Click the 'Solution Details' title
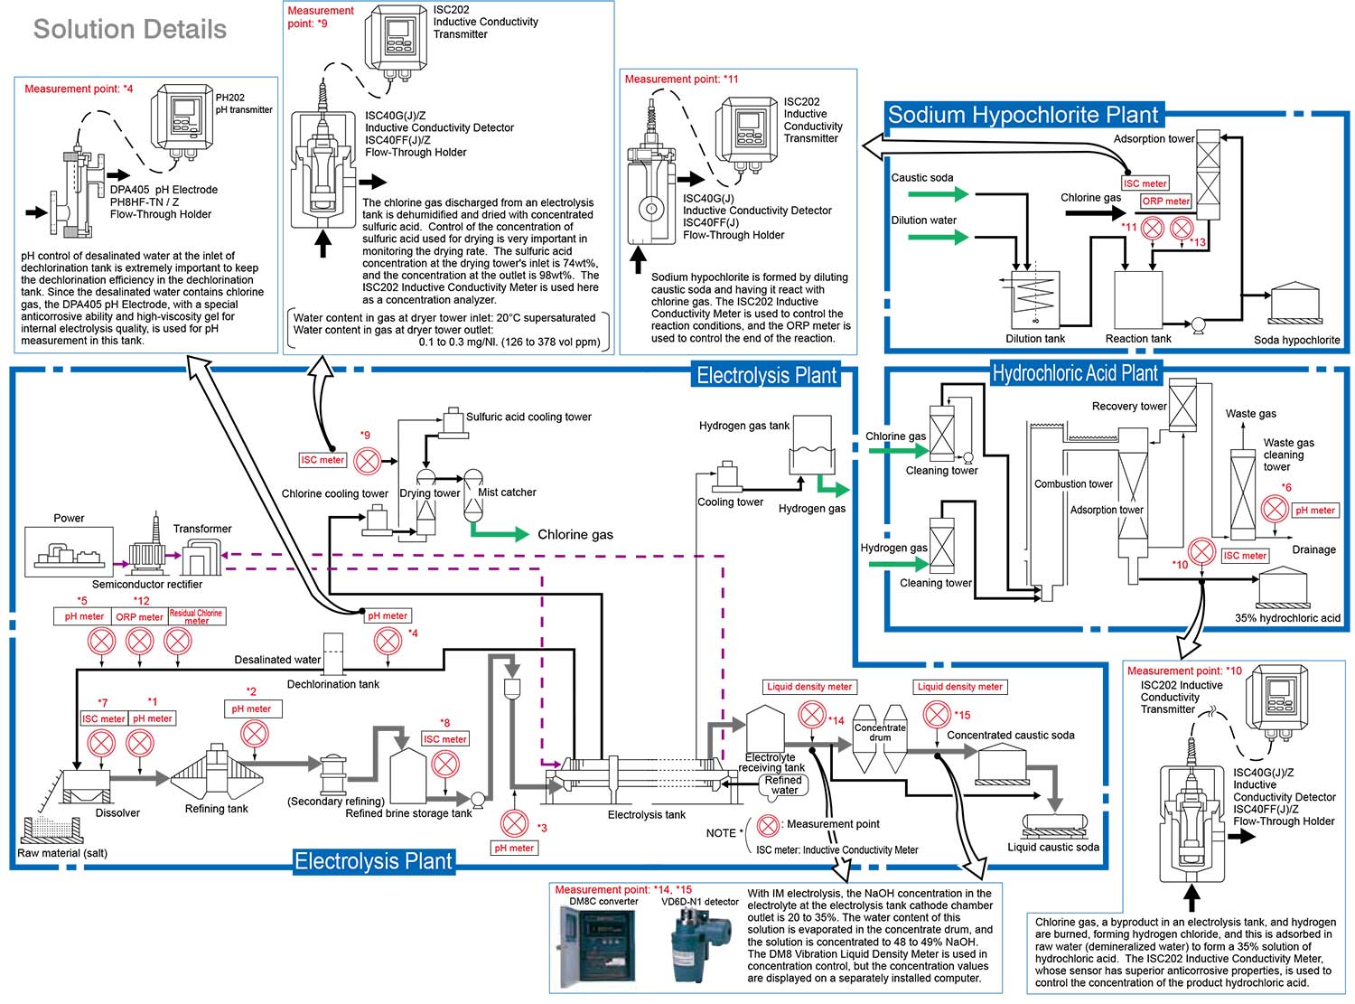(129, 29)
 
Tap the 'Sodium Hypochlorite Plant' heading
(1023, 115)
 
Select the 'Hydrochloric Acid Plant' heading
(1074, 373)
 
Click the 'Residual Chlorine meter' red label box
(196, 616)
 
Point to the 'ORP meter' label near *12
(139, 616)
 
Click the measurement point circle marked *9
(367, 462)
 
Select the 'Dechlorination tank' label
(332, 684)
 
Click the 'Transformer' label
(202, 529)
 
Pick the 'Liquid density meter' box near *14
(808, 687)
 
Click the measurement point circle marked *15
(937, 715)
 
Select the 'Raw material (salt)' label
(62, 853)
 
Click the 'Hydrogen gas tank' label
(743, 426)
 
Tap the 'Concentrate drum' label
(880, 732)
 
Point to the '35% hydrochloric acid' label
(1287, 618)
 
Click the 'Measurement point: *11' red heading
(681, 80)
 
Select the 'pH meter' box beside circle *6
(1314, 511)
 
